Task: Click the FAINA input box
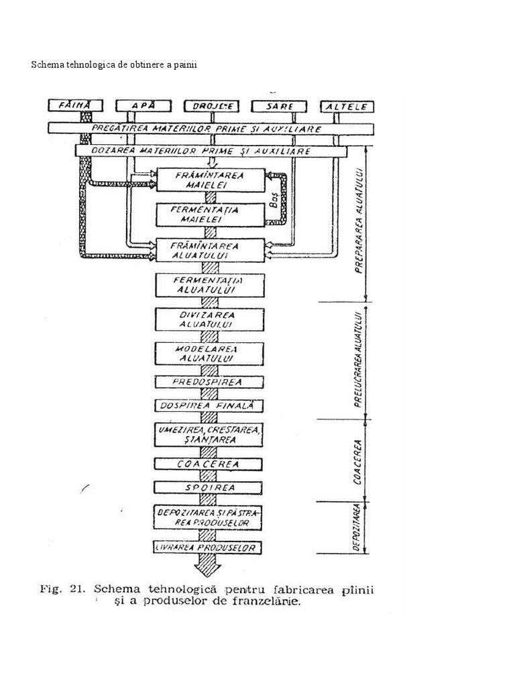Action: pyautogui.click(x=74, y=105)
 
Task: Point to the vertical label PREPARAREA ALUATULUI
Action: pyautogui.click(x=359, y=221)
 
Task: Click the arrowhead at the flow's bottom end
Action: pyautogui.click(x=209, y=570)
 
